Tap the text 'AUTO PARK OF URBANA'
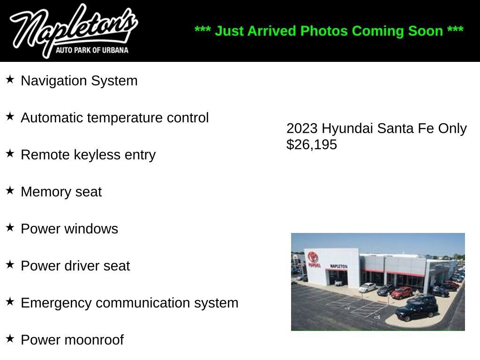tap(92, 50)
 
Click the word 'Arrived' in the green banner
tap(271, 31)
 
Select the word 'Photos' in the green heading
tap(324, 31)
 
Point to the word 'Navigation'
tap(54, 81)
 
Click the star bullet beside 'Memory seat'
tap(10, 190)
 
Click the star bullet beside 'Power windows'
tap(10, 227)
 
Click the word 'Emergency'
tap(56, 303)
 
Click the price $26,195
tap(312, 144)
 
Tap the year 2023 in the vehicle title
tap(302, 128)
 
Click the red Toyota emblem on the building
tap(313, 256)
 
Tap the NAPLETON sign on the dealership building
tap(338, 266)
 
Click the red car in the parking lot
tap(402, 292)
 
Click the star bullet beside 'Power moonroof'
tap(10, 338)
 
